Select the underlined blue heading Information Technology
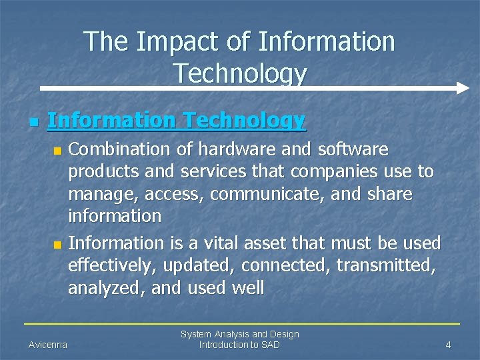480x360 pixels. (177, 121)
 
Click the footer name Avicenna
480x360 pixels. (47, 345)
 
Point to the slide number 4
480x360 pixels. (449, 345)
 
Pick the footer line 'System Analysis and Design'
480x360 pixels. (240, 334)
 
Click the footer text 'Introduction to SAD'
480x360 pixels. (239, 345)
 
